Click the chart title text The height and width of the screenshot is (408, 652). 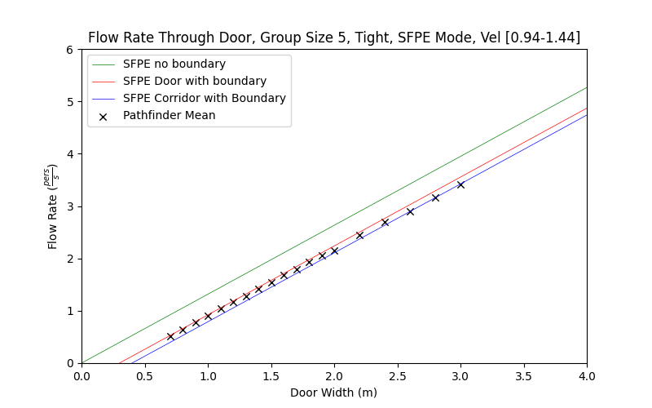pos(334,38)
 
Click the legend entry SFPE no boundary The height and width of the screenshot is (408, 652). pos(174,64)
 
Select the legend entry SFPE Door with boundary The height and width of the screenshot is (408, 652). pos(194,81)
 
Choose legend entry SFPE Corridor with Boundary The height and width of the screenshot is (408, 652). pos(204,98)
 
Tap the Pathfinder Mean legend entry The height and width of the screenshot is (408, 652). pos(169,115)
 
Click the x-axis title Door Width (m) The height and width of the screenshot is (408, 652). pos(334,392)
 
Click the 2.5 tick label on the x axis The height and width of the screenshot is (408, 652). pos(397,376)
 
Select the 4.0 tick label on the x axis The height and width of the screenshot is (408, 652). pos(587,376)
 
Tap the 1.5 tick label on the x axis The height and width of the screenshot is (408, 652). pos(271,376)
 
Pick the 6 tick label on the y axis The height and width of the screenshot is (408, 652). pos(71,50)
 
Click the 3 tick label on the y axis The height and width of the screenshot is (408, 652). pos(71,206)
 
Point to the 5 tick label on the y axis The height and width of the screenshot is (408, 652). pos(71,102)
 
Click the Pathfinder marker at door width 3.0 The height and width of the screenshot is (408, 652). pos(460,184)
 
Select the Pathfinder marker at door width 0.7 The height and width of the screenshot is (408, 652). pos(170,336)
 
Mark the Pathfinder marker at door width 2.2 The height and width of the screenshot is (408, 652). pos(359,235)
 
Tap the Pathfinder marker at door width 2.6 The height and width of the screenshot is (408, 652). pos(410,211)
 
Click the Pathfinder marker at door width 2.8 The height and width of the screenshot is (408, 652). pos(435,197)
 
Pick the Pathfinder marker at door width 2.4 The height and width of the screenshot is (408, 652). pos(385,222)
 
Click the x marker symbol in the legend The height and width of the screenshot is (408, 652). pos(104,116)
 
